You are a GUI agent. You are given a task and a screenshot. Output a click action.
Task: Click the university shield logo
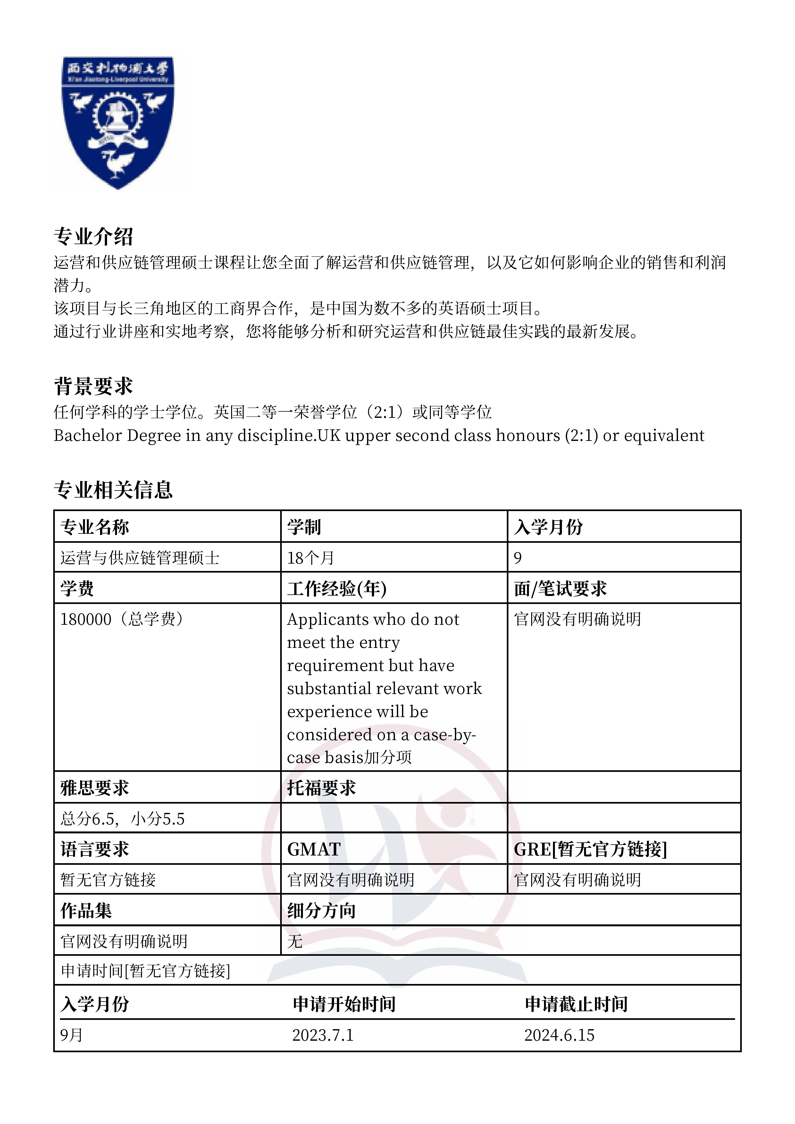[118, 122]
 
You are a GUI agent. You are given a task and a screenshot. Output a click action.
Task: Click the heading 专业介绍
[93, 236]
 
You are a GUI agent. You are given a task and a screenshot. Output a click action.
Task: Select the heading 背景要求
[93, 386]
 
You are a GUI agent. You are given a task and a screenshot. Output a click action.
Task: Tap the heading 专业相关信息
[113, 490]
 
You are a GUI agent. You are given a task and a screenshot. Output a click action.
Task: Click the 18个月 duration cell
[311, 558]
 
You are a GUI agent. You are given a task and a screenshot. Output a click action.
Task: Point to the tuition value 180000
[86, 619]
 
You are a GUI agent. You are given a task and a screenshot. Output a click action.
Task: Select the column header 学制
[304, 527]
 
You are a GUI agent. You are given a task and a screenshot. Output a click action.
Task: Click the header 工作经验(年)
[337, 589]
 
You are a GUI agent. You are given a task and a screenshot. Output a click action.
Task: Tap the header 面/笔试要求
[560, 589]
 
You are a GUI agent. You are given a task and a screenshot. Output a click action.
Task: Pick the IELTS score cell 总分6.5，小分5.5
[122, 819]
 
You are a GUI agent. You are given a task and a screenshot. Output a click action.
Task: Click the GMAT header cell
[314, 849]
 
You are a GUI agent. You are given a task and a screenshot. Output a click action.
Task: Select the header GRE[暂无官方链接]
[590, 849]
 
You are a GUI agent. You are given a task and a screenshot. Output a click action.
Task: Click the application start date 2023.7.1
[323, 1035]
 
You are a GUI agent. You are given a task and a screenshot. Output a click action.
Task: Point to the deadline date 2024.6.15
[559, 1035]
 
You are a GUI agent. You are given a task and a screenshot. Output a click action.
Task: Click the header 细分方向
[321, 911]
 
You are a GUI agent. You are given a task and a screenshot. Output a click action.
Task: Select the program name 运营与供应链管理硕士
[139, 558]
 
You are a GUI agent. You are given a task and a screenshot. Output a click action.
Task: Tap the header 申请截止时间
[576, 1004]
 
